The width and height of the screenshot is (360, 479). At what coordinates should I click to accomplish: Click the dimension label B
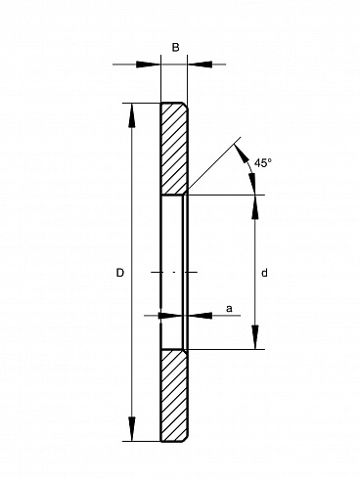click(175, 48)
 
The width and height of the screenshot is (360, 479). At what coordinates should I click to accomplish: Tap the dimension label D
click(120, 273)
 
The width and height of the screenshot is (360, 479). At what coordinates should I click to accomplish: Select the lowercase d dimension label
click(264, 273)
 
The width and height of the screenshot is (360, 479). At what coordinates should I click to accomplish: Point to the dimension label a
click(229, 308)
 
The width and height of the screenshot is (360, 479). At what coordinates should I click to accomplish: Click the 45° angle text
click(263, 162)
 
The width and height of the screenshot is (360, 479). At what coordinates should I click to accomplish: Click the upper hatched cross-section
click(174, 149)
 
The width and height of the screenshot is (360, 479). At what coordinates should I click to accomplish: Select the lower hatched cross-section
click(174, 396)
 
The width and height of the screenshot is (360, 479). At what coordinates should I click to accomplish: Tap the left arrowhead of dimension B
click(149, 65)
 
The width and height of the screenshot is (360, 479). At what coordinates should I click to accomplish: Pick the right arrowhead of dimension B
click(200, 65)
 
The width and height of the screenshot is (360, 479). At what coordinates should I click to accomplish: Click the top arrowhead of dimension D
click(132, 115)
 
